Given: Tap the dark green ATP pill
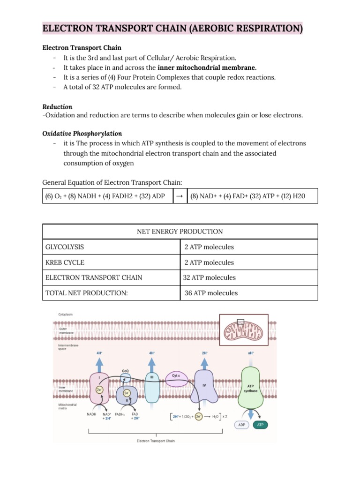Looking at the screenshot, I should (261, 425).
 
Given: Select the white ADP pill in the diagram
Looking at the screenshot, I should (241, 425).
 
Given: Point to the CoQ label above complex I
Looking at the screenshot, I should (126, 370).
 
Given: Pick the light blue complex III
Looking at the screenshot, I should (152, 386).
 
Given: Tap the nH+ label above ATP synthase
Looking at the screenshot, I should (251, 352).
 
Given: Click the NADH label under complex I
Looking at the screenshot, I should (92, 414).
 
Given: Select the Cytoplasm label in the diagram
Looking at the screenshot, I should (65, 314).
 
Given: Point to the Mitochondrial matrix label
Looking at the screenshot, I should (67, 406).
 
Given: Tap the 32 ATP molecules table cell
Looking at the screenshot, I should (210, 277).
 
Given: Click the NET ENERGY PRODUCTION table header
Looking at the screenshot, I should (180, 232).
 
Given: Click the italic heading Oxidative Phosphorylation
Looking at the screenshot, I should (82, 134).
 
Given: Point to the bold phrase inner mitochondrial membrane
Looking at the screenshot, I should (207, 67).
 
